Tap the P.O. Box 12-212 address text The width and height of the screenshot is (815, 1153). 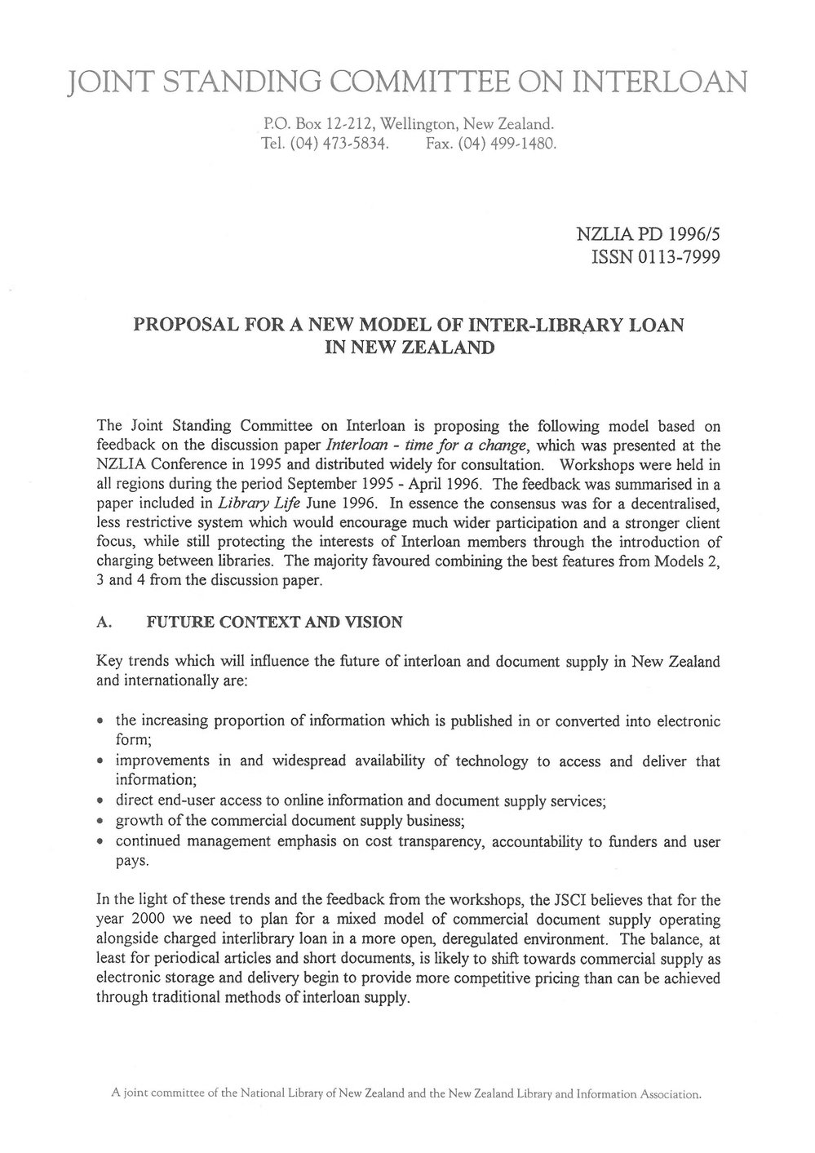(x=305, y=125)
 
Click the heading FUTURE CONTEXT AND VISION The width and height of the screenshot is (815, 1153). (x=273, y=623)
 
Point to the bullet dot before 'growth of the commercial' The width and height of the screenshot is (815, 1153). (x=100, y=820)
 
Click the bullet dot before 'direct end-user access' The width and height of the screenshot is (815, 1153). (x=100, y=801)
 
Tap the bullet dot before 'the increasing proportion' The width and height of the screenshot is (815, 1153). (x=100, y=722)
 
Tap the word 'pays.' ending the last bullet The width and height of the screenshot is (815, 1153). (x=131, y=859)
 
